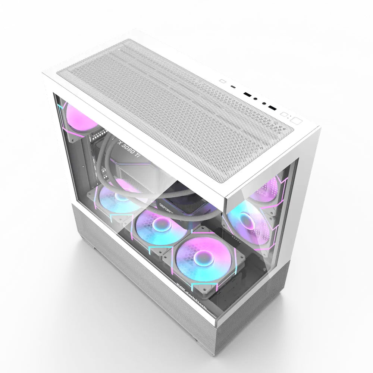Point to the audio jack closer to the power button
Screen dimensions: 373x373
point(263,103)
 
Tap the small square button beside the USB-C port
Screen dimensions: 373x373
point(223,81)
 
